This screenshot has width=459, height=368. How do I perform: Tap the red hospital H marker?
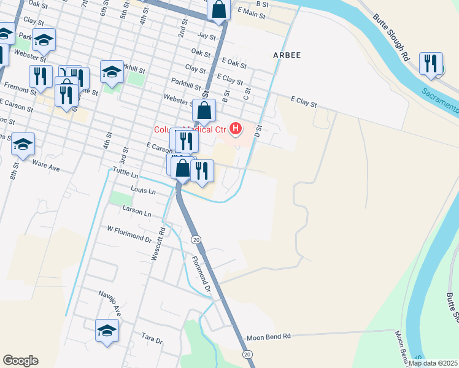tap(235, 129)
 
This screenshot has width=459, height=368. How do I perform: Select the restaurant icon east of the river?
tap(431, 64)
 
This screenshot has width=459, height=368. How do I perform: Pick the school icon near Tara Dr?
tap(107, 330)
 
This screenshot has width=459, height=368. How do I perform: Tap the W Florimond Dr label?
tap(129, 234)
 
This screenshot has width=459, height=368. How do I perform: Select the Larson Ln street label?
tap(137, 213)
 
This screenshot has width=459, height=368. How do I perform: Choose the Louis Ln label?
tap(143, 191)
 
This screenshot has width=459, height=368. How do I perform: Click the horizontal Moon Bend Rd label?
tap(269, 337)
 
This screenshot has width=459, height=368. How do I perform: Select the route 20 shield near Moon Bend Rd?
tap(247, 355)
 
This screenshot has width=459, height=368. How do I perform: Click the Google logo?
tap(20, 361)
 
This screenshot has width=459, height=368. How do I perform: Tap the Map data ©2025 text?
tap(432, 363)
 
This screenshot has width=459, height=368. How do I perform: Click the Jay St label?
tap(207, 37)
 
